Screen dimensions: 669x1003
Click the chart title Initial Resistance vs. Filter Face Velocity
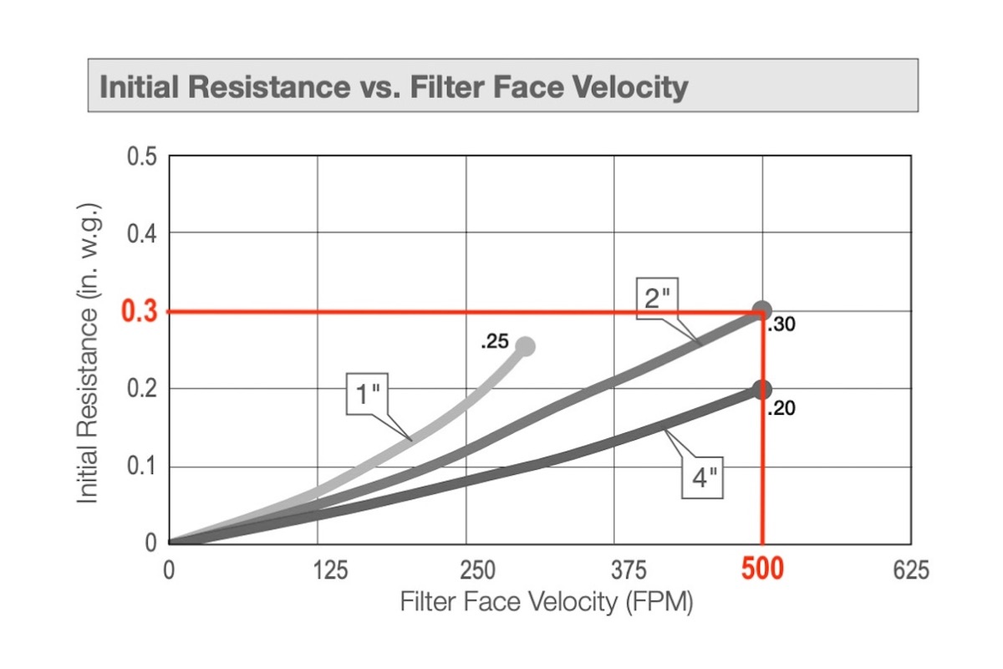click(x=393, y=86)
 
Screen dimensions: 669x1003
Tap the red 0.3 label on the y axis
click(x=139, y=312)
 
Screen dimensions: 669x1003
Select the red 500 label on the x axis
click(x=762, y=570)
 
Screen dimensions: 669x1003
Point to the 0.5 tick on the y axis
click(x=141, y=157)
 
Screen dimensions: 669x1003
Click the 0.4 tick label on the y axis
click(x=141, y=233)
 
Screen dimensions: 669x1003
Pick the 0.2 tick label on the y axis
click(x=141, y=389)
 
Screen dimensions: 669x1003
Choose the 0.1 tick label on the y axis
click(x=141, y=467)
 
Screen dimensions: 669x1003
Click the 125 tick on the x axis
click(x=318, y=571)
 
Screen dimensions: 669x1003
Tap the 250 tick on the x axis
click(x=466, y=571)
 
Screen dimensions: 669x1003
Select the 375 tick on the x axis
click(x=615, y=571)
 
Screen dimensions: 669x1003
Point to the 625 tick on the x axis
click(x=911, y=571)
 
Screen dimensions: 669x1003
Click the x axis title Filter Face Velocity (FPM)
click(x=547, y=602)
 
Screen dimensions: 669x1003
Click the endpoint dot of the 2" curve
click(x=761, y=311)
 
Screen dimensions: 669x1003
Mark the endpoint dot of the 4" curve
click(x=761, y=390)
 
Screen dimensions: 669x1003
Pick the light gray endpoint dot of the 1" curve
click(x=525, y=346)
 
